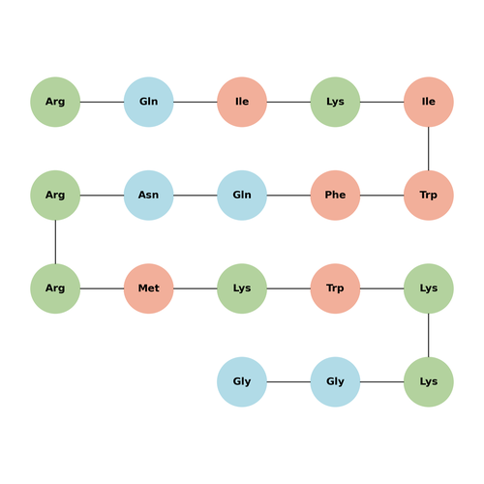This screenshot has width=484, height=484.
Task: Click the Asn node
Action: pos(148,196)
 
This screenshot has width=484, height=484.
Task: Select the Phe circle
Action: pos(335,196)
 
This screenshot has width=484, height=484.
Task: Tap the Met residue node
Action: pos(148,288)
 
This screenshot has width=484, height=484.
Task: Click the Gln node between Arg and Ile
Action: pos(148,102)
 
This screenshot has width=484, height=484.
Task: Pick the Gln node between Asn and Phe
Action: pos(242,196)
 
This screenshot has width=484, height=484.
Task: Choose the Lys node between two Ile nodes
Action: pos(335,102)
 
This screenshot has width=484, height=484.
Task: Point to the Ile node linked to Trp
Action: pos(429,102)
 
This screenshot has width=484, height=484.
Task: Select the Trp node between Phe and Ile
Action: pos(429,196)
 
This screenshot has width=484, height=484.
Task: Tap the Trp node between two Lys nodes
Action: pos(335,288)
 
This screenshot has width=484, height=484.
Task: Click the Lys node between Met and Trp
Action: pos(242,288)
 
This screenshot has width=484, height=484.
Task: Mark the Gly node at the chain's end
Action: pos(242,382)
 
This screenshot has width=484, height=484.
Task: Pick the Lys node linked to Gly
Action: pos(429,382)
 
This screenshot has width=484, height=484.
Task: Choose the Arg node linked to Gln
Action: pos(55,102)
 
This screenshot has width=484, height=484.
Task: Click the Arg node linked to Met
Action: pos(55,288)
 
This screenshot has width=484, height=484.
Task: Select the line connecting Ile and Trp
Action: pos(429,149)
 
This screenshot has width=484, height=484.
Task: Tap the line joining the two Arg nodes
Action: pos(55,242)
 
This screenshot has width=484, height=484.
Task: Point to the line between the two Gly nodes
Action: pos(288,382)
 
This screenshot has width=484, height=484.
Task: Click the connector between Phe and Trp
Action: pos(382,196)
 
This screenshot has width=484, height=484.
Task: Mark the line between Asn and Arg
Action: pos(102,196)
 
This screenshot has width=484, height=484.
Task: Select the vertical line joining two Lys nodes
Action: pos(429,335)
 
